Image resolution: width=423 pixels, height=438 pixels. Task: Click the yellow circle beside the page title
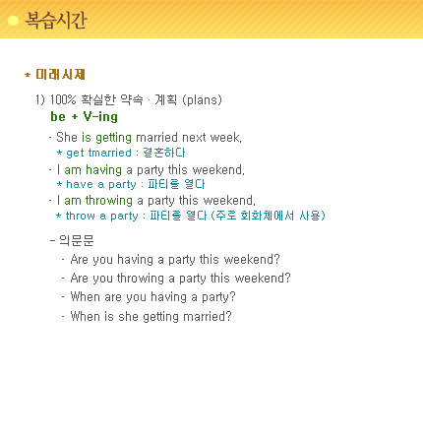[x=13, y=21]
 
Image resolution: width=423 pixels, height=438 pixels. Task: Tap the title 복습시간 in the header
[x=56, y=21]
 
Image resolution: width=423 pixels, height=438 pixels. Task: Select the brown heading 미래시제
[x=60, y=75]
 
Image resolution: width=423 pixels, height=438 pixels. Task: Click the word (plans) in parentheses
[x=202, y=99]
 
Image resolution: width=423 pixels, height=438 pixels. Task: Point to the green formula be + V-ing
[x=84, y=117]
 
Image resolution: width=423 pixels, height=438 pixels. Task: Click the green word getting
[x=114, y=138]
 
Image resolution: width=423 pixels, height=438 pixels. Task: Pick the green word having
[x=103, y=170]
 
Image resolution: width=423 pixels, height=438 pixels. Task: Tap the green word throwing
[x=109, y=201]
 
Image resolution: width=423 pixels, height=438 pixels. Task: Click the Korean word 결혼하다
[x=164, y=153]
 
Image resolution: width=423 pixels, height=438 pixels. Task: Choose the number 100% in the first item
[x=63, y=99]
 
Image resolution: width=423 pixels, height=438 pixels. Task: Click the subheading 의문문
[x=77, y=240]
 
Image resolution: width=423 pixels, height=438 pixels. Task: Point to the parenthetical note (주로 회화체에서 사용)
[x=268, y=216]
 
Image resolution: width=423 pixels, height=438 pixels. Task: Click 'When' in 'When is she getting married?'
[x=86, y=316]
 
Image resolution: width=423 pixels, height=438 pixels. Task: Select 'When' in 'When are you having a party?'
[x=86, y=296]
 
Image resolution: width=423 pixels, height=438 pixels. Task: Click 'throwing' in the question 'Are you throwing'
[x=141, y=279]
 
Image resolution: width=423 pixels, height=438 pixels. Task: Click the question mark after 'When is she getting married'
[x=228, y=316]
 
